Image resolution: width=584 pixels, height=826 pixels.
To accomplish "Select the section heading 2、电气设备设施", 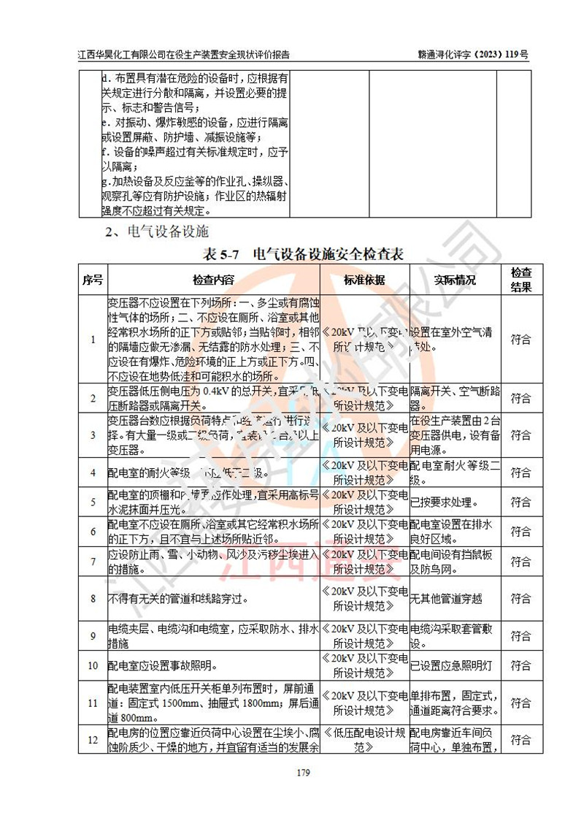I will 157,232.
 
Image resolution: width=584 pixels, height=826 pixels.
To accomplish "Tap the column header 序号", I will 93,280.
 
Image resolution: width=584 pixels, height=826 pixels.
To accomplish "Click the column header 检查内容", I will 213,280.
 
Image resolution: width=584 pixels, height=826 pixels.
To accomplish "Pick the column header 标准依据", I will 364,280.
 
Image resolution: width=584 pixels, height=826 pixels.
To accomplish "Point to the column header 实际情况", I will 454,280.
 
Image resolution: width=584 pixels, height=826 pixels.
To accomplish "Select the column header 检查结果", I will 520,280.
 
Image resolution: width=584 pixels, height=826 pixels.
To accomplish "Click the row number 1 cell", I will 93,339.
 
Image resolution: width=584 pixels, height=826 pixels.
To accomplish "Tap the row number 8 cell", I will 93,599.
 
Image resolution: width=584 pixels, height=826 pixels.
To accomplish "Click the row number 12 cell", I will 93,740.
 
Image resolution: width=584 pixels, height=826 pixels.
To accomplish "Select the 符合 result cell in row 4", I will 520,473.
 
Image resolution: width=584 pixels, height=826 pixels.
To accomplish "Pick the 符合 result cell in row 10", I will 520,665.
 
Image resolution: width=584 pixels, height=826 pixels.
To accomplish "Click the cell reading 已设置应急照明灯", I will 453,665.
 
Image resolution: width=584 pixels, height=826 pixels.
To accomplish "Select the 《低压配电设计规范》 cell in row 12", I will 364,740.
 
